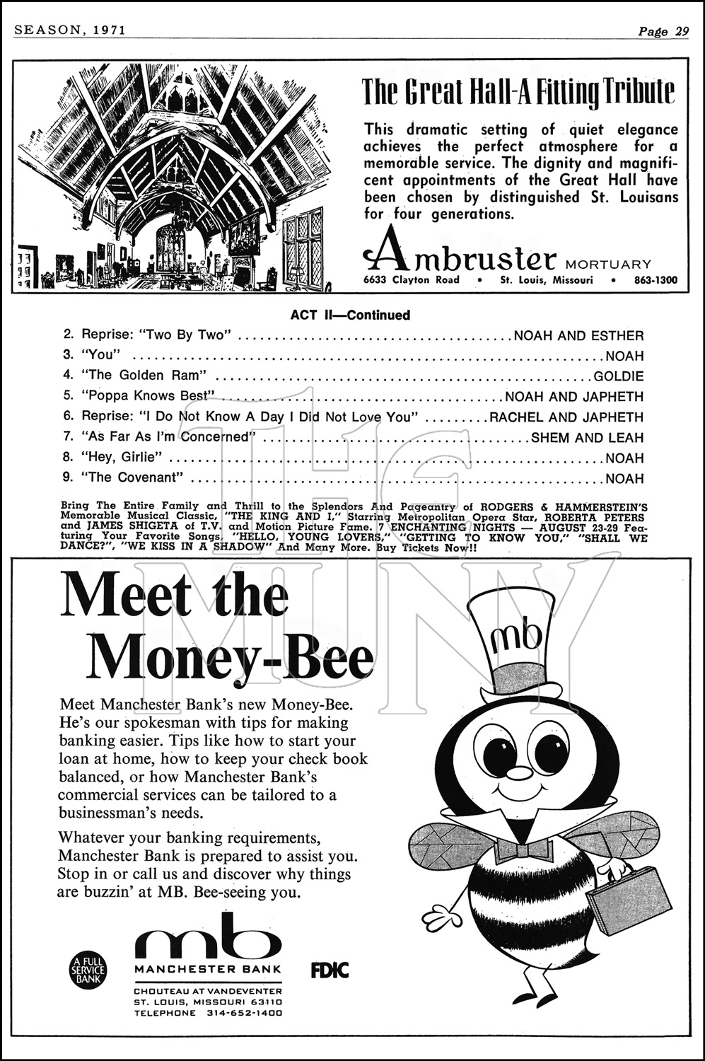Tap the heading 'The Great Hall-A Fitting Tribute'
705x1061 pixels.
(518, 91)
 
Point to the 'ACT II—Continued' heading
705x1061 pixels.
(350, 315)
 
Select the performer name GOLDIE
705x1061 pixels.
(619, 376)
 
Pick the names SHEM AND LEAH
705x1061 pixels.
(587, 438)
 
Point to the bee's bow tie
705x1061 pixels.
(524, 850)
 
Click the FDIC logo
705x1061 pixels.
(330, 970)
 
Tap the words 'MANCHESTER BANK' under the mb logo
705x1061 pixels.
(208, 969)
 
